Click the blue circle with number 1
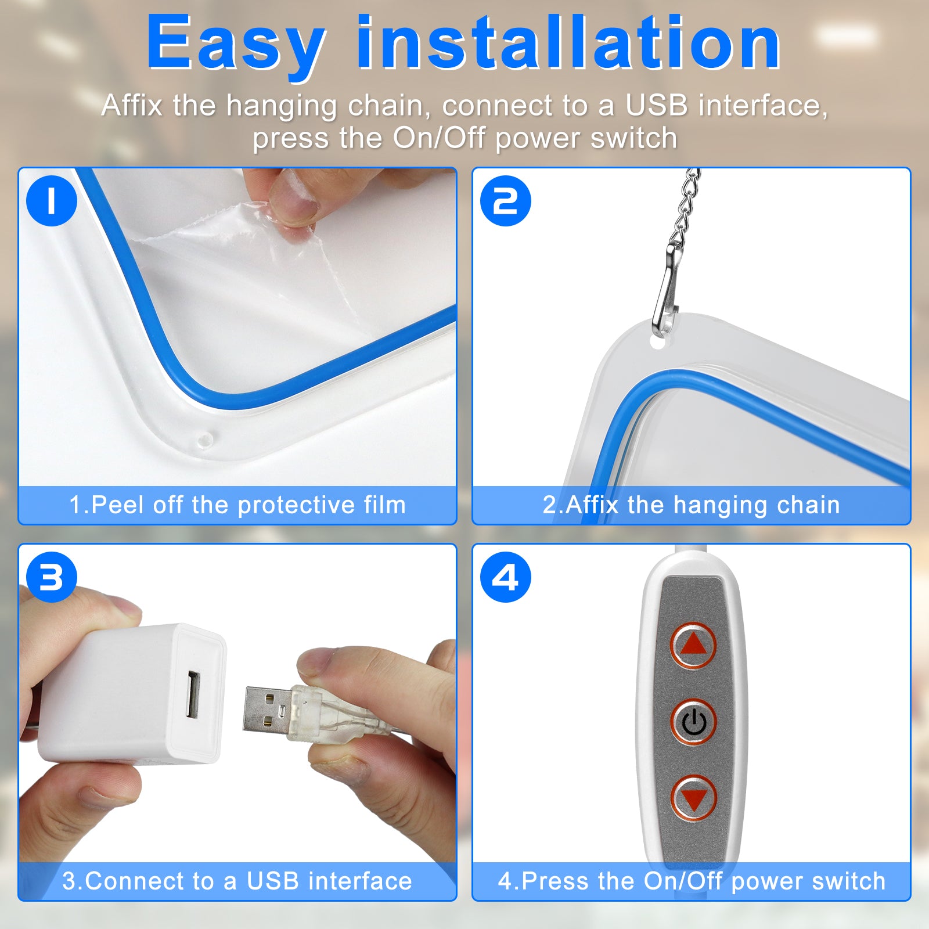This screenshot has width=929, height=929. coord(52,201)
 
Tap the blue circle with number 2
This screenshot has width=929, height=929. coord(505,201)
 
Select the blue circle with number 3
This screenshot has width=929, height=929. coord(52,577)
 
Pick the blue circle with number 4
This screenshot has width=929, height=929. coord(505,577)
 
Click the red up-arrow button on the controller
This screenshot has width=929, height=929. coord(693,645)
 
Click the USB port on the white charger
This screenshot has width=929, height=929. coord(193,694)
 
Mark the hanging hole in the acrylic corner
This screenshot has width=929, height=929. coord(657,343)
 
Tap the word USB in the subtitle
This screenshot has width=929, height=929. coord(656,106)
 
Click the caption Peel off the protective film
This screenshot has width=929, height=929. coord(237,505)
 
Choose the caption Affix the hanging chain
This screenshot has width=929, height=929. coord(691,505)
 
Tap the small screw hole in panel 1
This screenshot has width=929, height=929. coord(204,439)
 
